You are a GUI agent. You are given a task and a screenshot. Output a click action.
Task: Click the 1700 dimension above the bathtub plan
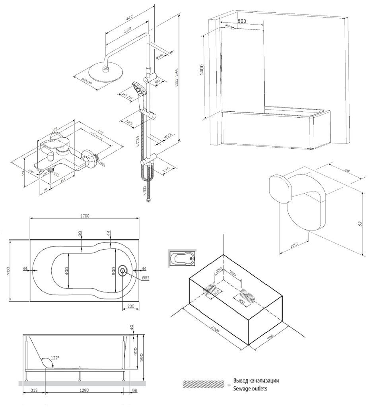coord(85,216)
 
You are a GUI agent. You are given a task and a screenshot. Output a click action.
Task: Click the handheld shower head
coord(140,89)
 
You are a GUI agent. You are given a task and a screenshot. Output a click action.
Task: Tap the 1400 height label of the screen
coord(202,70)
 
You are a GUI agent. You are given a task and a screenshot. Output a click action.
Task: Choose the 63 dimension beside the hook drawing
coord(360,223)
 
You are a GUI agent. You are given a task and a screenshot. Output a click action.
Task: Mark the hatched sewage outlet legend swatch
coord(204,384)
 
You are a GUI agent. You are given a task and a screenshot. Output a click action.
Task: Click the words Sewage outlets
coord(250,388)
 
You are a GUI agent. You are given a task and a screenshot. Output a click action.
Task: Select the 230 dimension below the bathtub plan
coord(131,306)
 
